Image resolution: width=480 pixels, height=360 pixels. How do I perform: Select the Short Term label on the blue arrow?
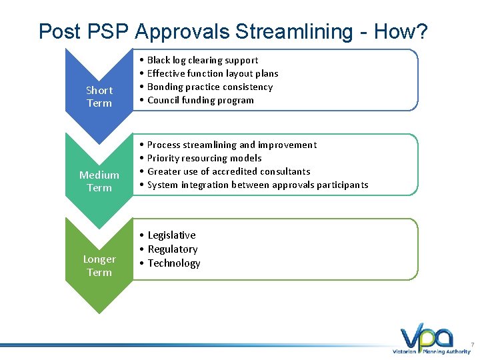(x=99, y=97)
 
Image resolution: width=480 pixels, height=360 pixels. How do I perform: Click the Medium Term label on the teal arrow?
(x=99, y=181)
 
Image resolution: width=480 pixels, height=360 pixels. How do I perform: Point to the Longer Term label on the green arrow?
(x=99, y=265)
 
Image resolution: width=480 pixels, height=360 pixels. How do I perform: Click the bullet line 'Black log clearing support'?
(x=203, y=60)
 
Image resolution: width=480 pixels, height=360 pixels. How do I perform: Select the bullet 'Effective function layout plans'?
(x=213, y=73)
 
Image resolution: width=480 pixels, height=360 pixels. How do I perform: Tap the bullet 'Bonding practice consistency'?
(x=210, y=87)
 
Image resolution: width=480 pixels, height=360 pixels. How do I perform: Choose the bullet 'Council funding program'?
(x=201, y=100)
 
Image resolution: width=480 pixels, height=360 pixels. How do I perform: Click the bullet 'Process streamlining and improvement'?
(x=232, y=145)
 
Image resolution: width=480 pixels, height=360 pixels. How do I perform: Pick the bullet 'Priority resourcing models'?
(x=204, y=158)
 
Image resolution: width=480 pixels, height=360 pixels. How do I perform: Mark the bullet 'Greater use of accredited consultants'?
(x=229, y=171)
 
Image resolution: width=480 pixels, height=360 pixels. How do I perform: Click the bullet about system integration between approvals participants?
(x=257, y=185)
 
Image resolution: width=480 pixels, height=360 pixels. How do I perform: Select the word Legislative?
(x=172, y=235)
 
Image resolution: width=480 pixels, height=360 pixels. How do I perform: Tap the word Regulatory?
(x=173, y=249)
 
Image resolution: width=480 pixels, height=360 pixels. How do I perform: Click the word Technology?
(x=174, y=263)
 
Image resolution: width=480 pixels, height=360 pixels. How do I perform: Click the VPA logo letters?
(x=427, y=336)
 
